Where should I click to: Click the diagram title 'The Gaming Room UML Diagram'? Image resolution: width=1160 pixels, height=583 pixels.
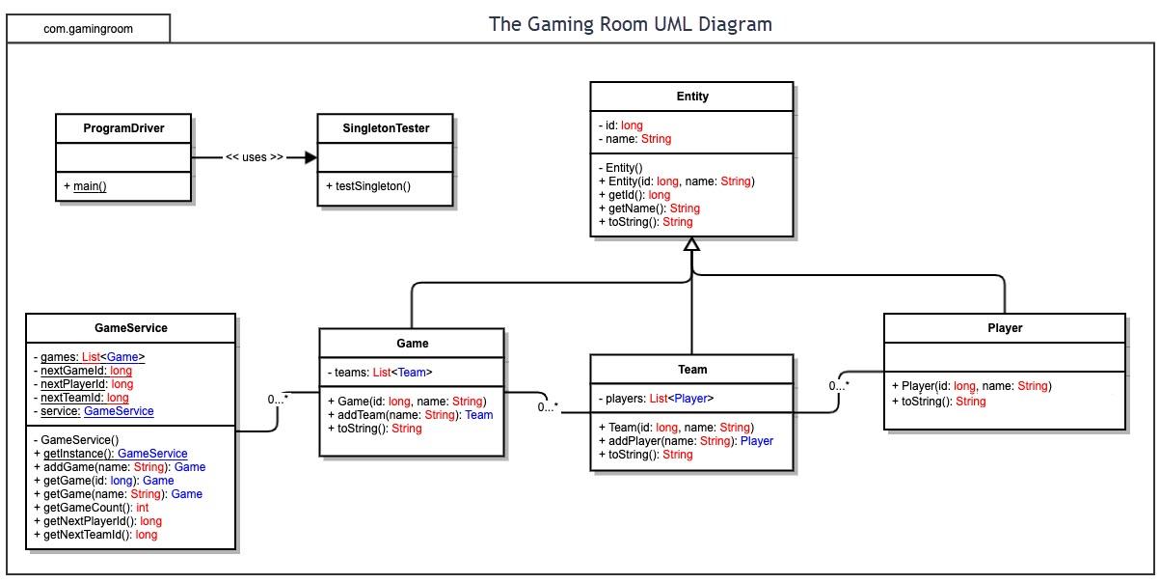coord(630,24)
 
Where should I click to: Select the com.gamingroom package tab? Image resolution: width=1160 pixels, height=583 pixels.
coord(88,29)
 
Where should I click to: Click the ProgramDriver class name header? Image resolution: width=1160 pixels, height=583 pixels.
coord(123,127)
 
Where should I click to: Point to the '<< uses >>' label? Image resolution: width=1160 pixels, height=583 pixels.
coord(255,157)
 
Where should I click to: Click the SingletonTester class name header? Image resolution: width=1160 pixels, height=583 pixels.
coord(386,127)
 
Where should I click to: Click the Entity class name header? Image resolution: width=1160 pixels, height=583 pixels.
coord(691,97)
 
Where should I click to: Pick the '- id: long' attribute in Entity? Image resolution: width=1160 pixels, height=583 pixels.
coord(620,125)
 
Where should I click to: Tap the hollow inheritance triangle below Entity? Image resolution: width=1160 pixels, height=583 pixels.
coord(691,245)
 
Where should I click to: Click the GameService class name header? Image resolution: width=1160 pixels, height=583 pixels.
coord(130,328)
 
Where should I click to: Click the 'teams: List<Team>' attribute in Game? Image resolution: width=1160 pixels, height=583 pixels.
coord(380,373)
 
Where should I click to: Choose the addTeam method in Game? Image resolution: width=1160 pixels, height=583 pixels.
coord(410,415)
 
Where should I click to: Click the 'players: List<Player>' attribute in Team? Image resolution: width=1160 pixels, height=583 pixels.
coord(656,399)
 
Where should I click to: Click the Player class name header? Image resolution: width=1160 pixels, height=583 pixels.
coord(1004,328)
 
